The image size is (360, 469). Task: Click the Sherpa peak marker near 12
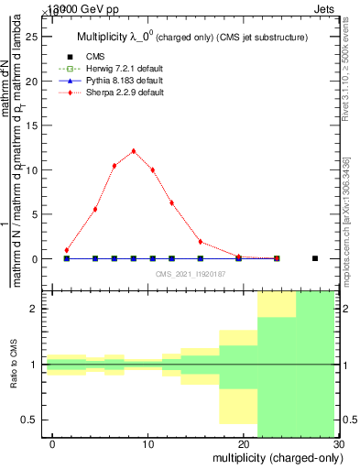tap(134, 151)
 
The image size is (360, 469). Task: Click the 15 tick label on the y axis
tap(36, 125)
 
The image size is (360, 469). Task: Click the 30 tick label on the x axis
tap(338, 444)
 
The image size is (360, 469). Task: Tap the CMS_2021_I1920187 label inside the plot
tap(191, 273)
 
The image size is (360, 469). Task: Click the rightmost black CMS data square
tap(315, 258)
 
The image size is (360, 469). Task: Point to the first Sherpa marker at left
tap(66, 250)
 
